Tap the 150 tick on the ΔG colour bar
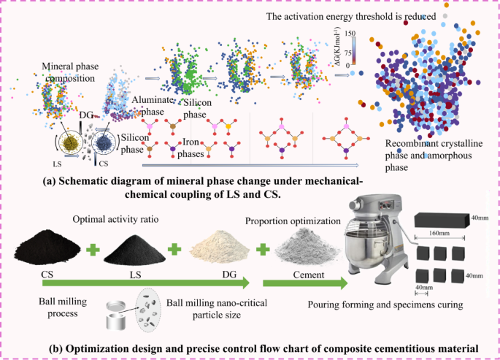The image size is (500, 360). (350, 34)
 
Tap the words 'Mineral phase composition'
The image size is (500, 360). (70, 71)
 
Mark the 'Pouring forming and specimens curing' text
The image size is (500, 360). (388, 303)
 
